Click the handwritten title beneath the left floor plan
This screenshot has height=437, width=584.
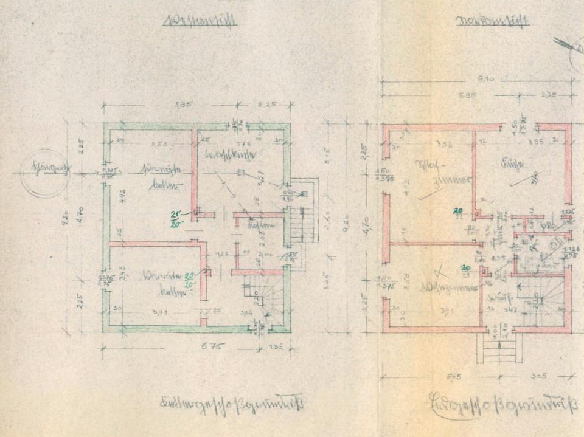231,403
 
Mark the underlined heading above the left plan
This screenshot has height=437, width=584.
200,22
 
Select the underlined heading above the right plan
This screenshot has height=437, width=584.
493,22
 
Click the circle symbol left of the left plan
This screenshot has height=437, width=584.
44,173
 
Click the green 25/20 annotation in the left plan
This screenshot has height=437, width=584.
176,218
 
